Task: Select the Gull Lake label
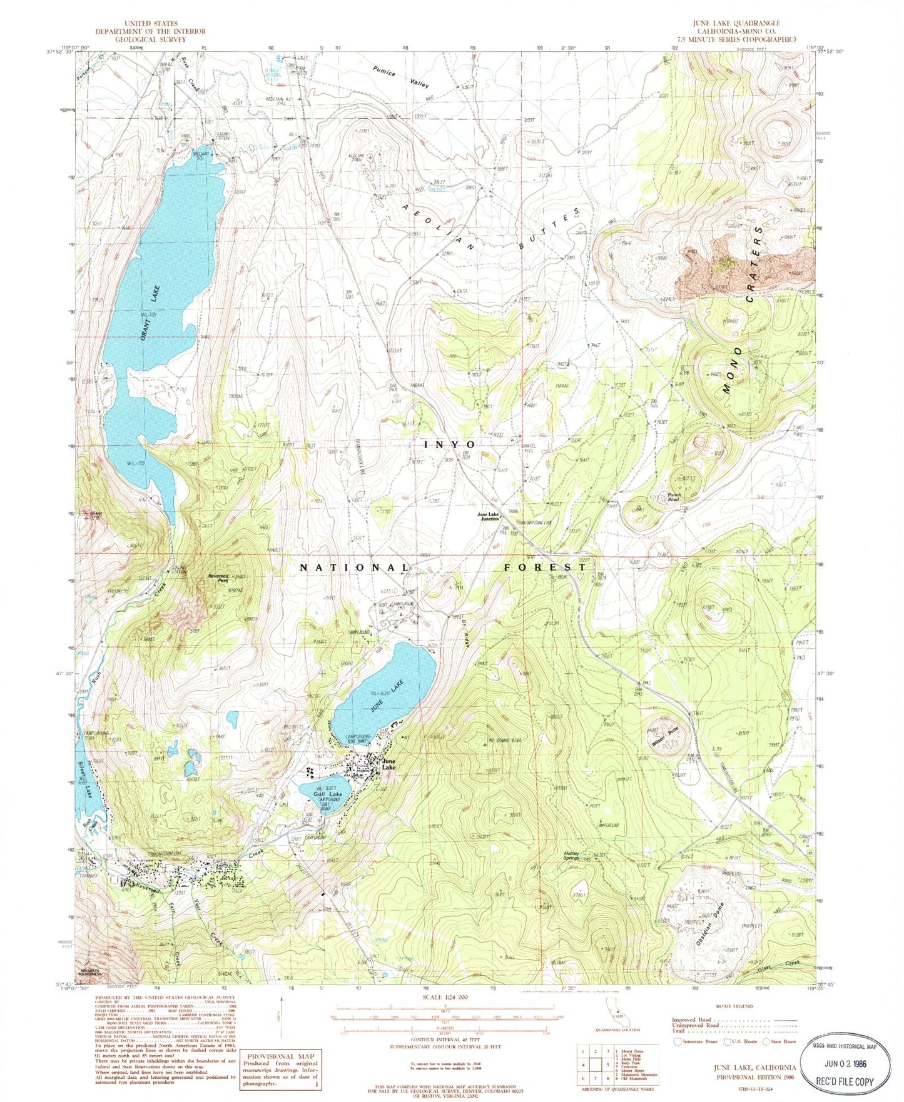coord(328,794)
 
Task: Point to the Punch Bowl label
coord(673,497)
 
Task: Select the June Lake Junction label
coord(489,516)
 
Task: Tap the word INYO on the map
coord(450,444)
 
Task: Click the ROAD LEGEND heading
coord(733,1006)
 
